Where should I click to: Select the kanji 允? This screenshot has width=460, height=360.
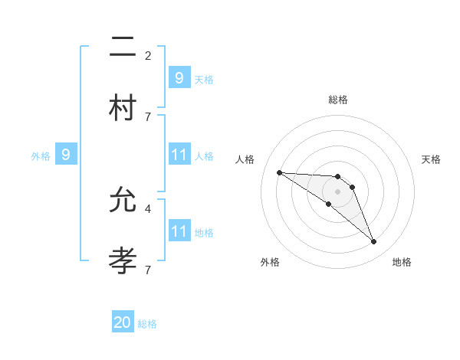pos(123,201)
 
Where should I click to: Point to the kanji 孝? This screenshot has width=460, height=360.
pos(123,258)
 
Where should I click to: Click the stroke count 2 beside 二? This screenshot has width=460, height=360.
pos(148,55)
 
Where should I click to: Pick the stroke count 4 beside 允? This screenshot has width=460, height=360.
pos(148,208)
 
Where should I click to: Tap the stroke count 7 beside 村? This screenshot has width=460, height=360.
pos(148,116)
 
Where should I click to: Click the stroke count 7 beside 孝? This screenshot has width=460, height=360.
pos(148,270)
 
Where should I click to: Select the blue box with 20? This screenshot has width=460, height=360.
pos(123,322)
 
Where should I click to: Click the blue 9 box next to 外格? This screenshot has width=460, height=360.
pos(66,155)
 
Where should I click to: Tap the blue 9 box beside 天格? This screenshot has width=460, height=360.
pos(179,77)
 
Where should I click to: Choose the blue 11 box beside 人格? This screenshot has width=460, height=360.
pos(179,155)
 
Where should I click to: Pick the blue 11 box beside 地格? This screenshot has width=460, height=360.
pos(179,231)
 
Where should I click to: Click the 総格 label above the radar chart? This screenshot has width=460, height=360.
pos(337,100)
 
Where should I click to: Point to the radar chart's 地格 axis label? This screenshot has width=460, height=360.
pos(402,262)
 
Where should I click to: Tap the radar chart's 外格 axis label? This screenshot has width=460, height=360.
pos(270,262)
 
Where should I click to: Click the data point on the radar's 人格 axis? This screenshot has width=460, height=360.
pos(279,172)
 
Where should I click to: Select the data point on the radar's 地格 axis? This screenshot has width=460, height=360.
pos(374,242)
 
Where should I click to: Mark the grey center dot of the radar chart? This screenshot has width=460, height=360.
pos(337,191)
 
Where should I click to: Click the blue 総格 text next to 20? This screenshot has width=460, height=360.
pos(148,324)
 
